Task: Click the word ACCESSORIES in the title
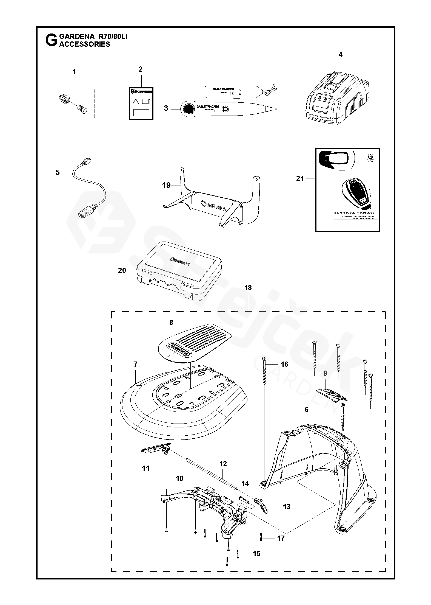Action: pyautogui.click(x=85, y=44)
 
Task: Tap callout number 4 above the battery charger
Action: pyautogui.click(x=340, y=54)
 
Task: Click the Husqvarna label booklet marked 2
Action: pyautogui.click(x=141, y=103)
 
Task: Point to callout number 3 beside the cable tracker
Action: pyautogui.click(x=166, y=108)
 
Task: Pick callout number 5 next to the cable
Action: pyautogui.click(x=57, y=172)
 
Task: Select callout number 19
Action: pyautogui.click(x=166, y=185)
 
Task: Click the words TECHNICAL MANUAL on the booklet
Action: pyautogui.click(x=353, y=212)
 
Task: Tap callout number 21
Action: pyautogui.click(x=300, y=178)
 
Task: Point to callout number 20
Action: pyautogui.click(x=122, y=270)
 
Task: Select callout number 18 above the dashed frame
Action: pyautogui.click(x=248, y=288)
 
